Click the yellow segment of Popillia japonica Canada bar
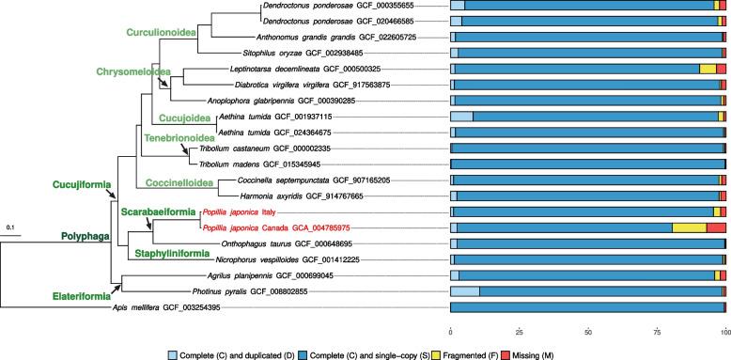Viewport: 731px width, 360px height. tap(689, 227)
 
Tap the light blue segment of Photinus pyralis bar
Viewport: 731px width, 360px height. tap(465, 265)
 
